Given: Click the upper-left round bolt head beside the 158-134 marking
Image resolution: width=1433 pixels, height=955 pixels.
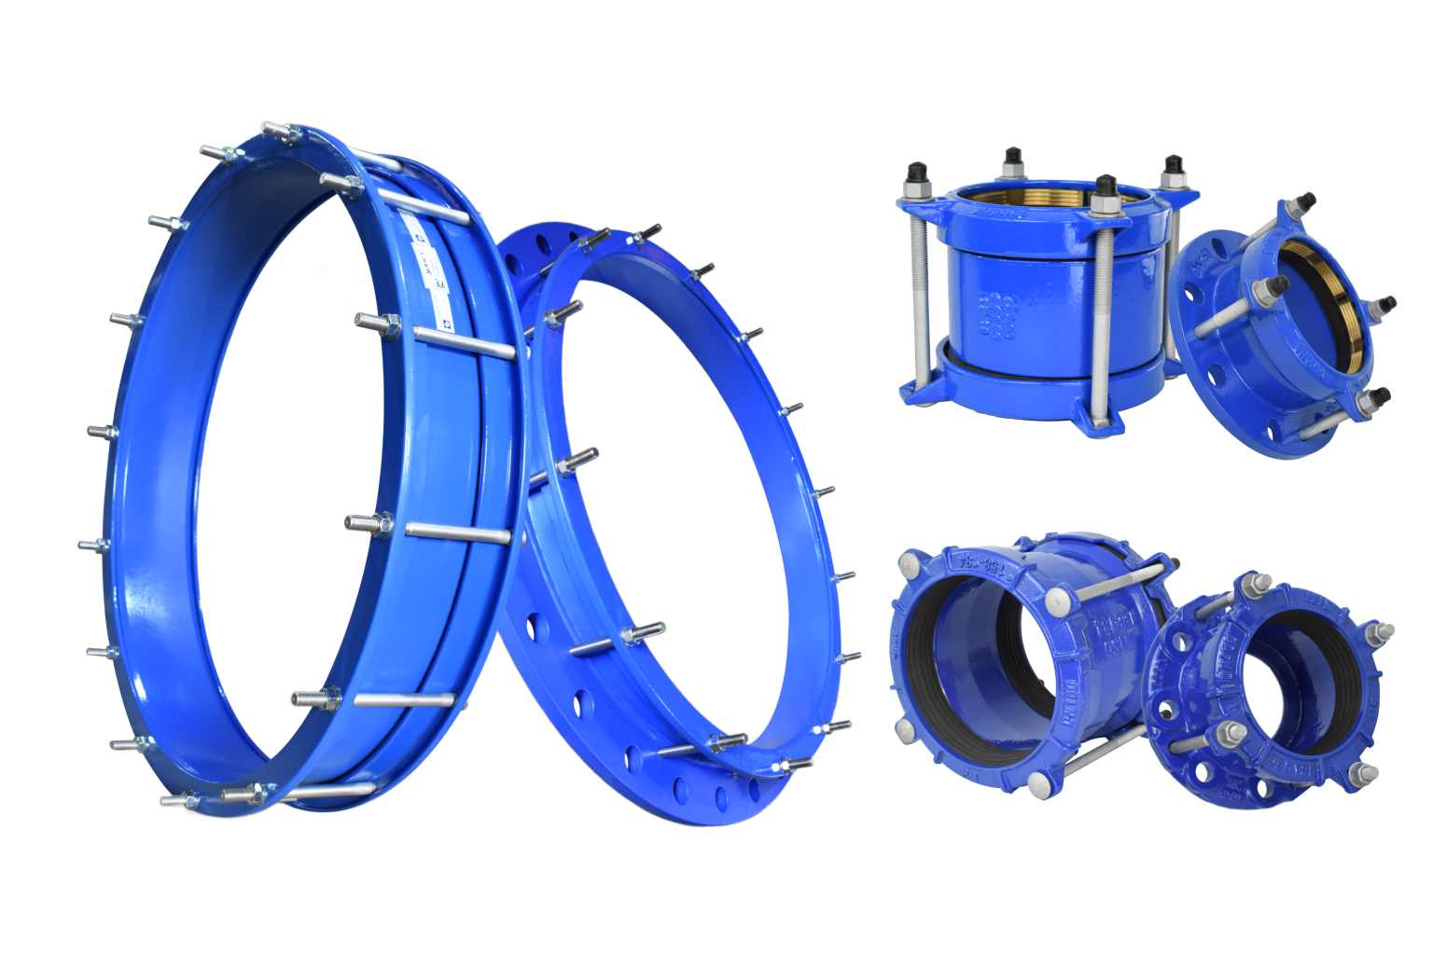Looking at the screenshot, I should tap(910, 562).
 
